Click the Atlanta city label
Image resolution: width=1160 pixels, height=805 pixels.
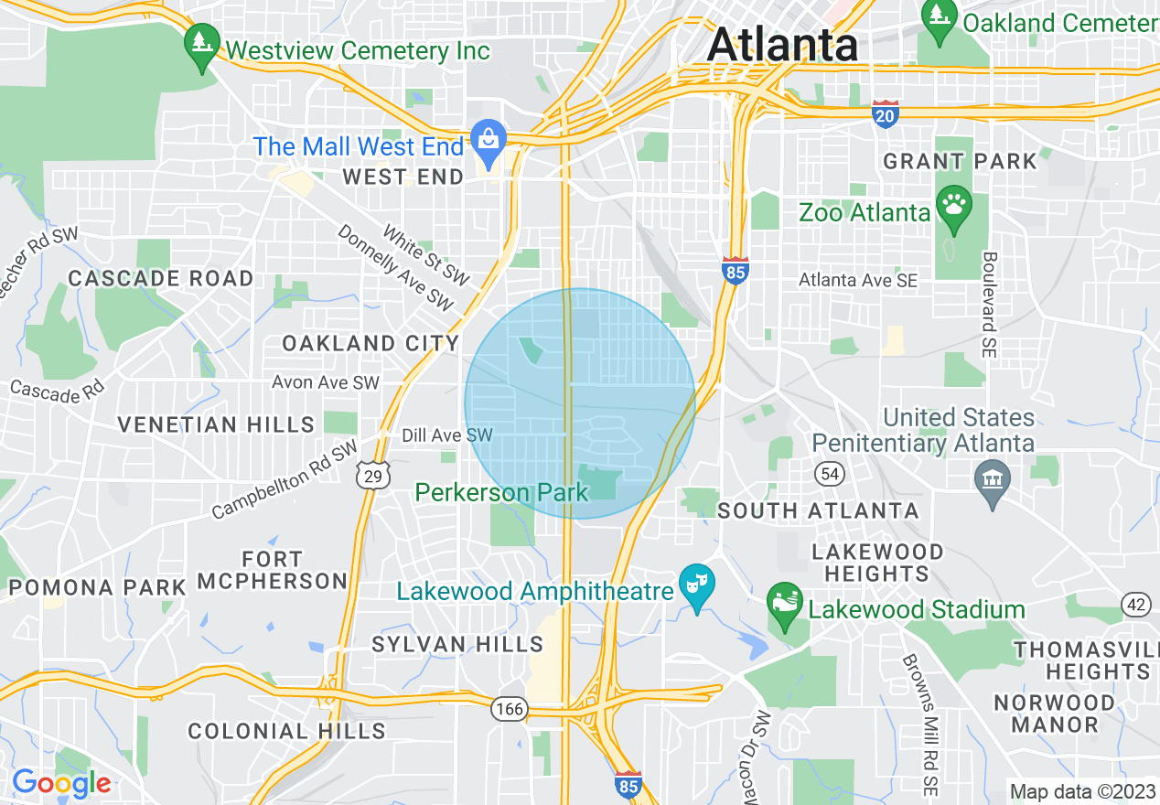782,44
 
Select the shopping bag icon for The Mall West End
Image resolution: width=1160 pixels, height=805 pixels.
489,140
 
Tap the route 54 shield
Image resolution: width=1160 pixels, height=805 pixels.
829,473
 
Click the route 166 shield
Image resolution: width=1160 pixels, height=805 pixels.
508,709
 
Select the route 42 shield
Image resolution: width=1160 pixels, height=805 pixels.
1136,604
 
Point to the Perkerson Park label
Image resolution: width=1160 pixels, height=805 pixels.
501,493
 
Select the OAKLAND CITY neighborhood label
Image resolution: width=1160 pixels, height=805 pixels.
371,344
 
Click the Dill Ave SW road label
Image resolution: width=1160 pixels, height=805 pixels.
447,435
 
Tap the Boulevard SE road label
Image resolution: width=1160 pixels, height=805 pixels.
990,305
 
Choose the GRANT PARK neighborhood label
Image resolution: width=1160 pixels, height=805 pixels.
960,162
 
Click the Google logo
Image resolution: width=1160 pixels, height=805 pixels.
61,783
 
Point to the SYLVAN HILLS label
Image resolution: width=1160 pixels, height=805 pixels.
457,644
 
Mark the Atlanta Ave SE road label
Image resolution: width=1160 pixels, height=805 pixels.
857,280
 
